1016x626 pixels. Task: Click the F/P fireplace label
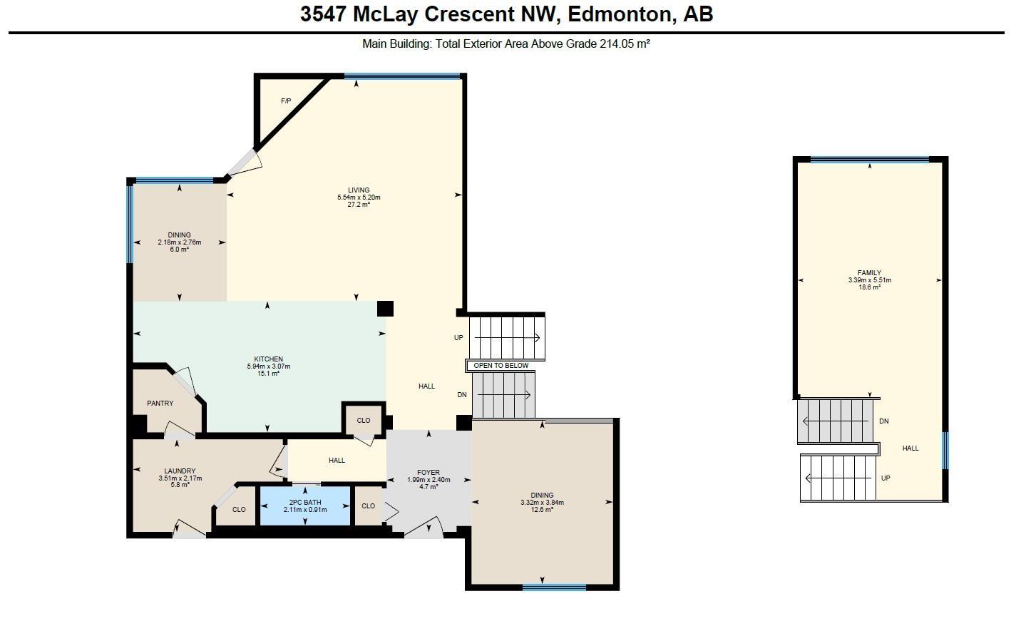click(286, 101)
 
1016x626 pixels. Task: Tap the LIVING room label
click(359, 190)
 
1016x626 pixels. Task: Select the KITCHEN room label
click(268, 359)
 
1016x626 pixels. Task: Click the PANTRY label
click(160, 404)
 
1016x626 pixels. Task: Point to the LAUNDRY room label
click(180, 471)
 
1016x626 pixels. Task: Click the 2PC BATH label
click(305, 503)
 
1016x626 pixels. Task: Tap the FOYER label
click(428, 473)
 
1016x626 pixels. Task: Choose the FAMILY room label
click(869, 273)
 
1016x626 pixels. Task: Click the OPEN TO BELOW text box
click(501, 366)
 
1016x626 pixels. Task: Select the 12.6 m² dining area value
click(542, 510)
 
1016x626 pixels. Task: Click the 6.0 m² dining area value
click(179, 250)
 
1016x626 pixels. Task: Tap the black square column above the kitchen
click(385, 309)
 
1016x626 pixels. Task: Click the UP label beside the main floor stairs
click(458, 338)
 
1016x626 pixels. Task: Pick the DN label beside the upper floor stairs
click(884, 421)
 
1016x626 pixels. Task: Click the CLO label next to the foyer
click(368, 506)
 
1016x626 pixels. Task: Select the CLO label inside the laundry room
click(239, 510)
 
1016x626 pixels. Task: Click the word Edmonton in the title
click(619, 14)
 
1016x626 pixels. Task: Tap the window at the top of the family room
click(870, 160)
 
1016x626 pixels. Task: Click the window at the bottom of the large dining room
click(554, 587)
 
